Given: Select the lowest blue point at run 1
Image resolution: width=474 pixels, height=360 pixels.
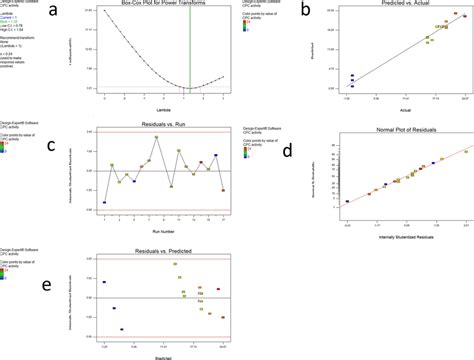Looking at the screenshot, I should tap(105, 202).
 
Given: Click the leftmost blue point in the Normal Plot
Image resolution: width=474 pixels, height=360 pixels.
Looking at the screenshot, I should tap(348, 201).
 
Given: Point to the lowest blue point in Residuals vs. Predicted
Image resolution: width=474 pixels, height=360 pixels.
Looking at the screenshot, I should tap(121, 329).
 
